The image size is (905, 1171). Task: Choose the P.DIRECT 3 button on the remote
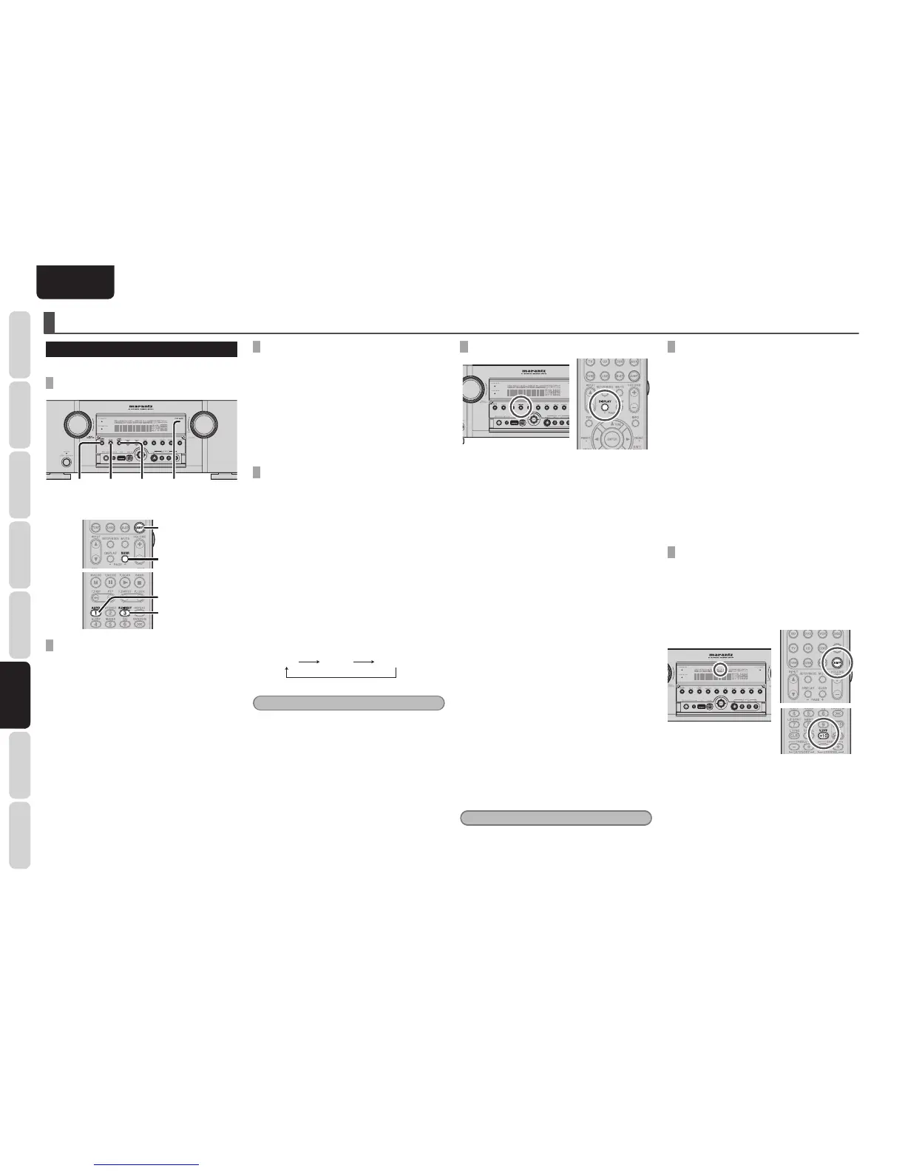(125, 611)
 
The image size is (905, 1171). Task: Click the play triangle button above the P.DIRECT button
(125, 583)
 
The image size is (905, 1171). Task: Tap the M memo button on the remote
(95, 583)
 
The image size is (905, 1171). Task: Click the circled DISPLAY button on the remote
(604, 405)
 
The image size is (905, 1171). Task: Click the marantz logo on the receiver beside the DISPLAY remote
(538, 372)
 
